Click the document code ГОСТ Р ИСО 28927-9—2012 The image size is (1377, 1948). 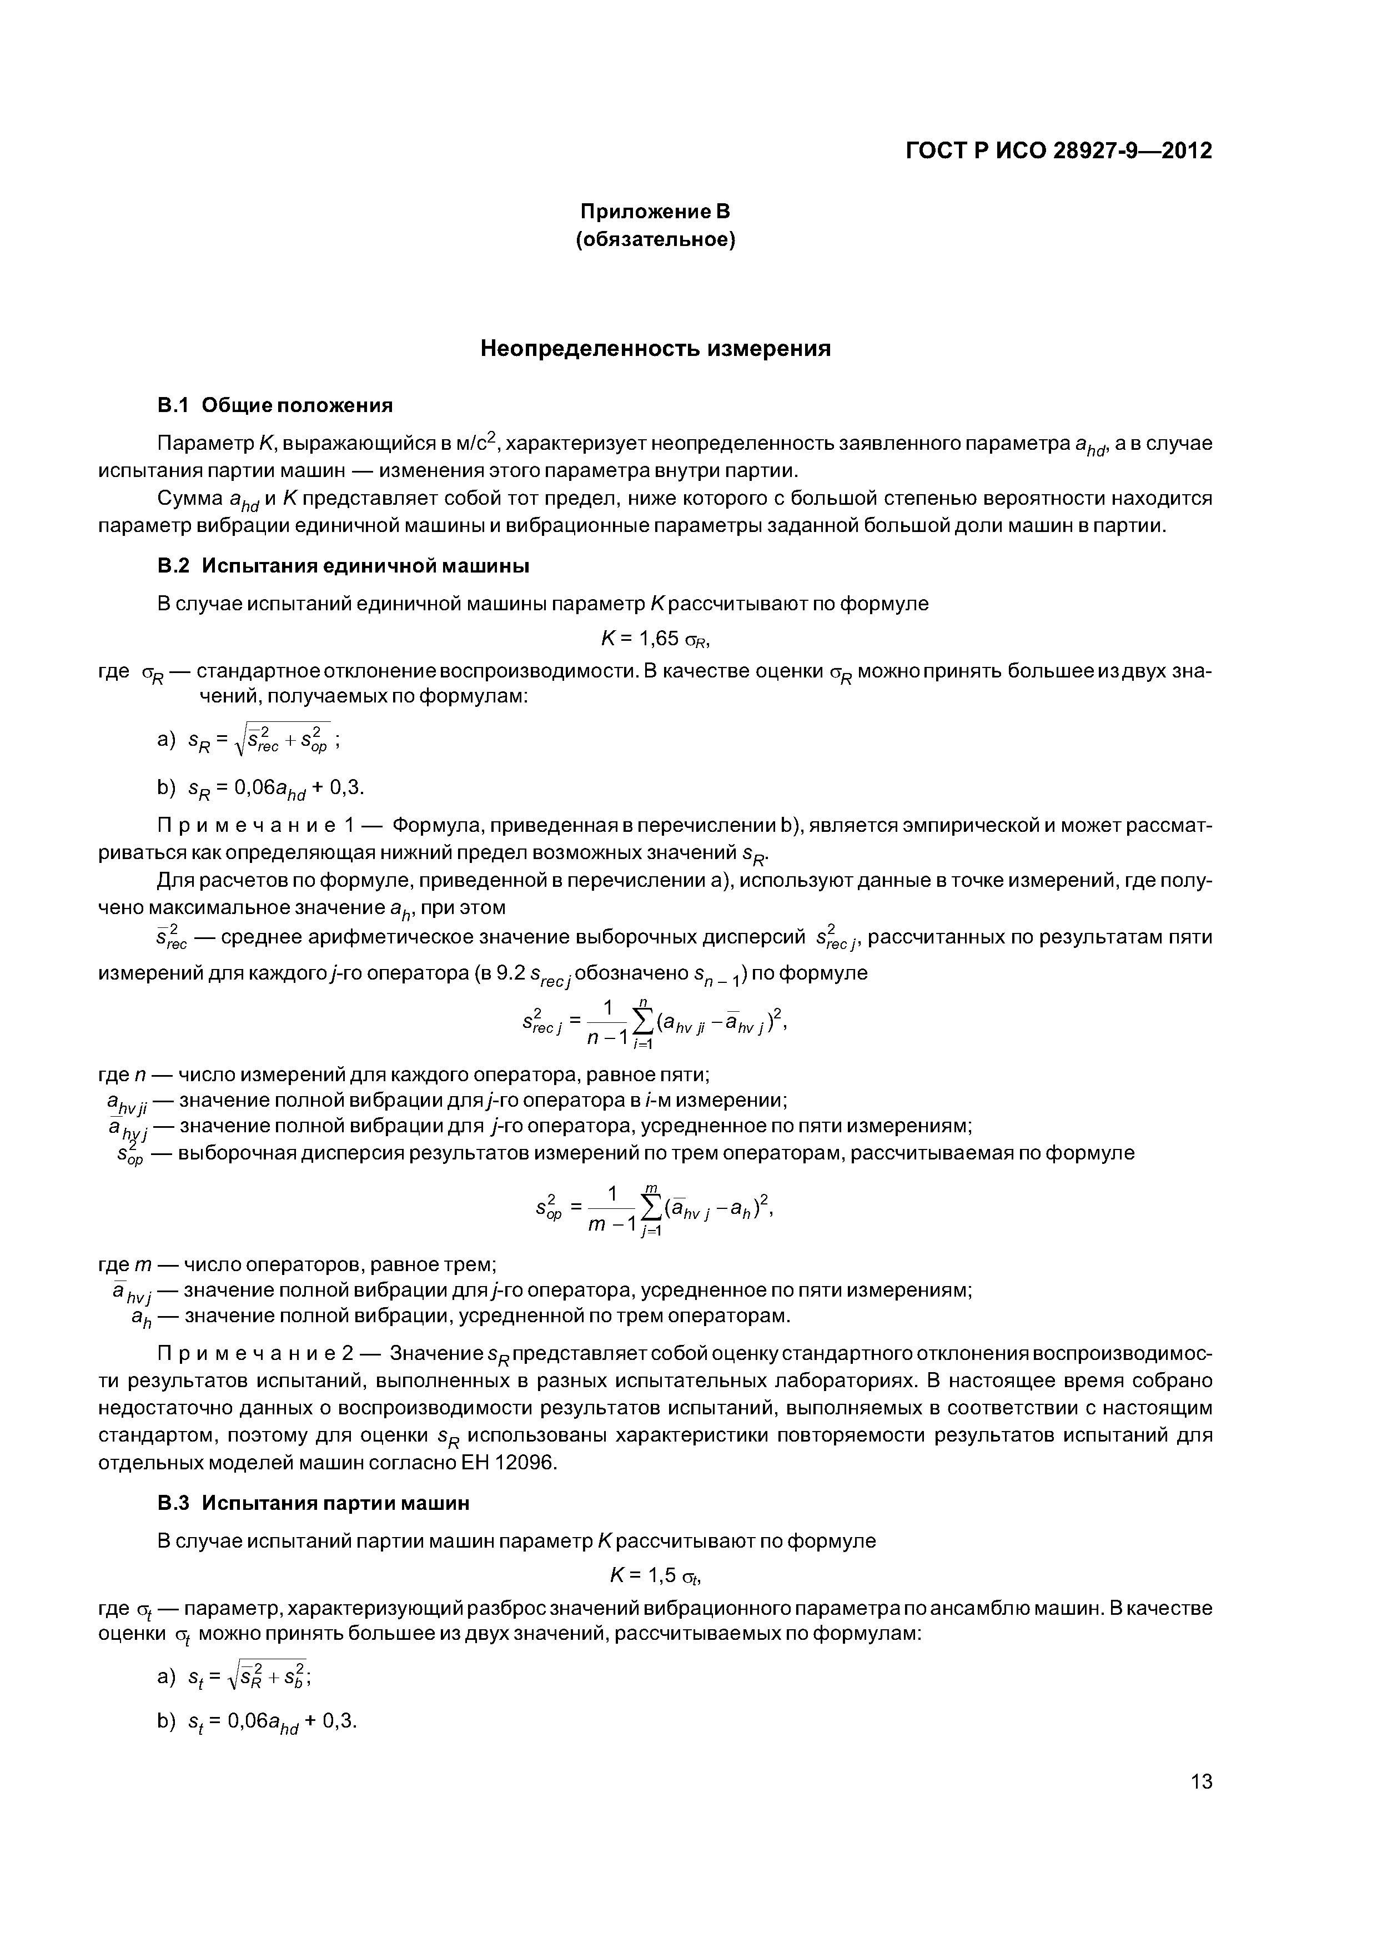[x=1059, y=151]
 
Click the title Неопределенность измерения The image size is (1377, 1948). [x=655, y=349]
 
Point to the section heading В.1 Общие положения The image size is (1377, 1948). [x=275, y=405]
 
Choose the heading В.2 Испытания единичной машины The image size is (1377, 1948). [x=344, y=565]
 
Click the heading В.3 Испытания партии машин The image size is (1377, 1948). [x=313, y=1503]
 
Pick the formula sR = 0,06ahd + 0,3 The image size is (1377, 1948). [x=275, y=788]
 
